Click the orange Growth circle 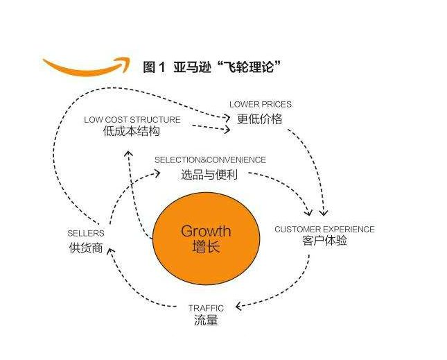click(x=207, y=239)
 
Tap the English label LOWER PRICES click(x=261, y=105)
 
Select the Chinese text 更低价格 click(x=260, y=119)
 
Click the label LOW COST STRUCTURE click(x=132, y=119)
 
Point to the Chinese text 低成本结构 click(x=132, y=132)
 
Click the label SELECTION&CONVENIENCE click(x=211, y=160)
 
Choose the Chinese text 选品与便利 click(x=209, y=174)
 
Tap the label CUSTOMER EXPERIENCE click(x=325, y=229)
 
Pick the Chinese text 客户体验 click(x=325, y=241)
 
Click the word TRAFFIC click(x=206, y=308)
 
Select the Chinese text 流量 click(x=206, y=320)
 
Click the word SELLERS click(x=86, y=233)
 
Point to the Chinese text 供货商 click(x=86, y=248)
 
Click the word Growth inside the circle click(x=206, y=231)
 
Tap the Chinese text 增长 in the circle click(x=206, y=246)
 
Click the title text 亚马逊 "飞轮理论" click(x=227, y=67)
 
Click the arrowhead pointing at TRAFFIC click(x=239, y=307)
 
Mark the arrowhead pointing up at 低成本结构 click(x=129, y=153)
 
